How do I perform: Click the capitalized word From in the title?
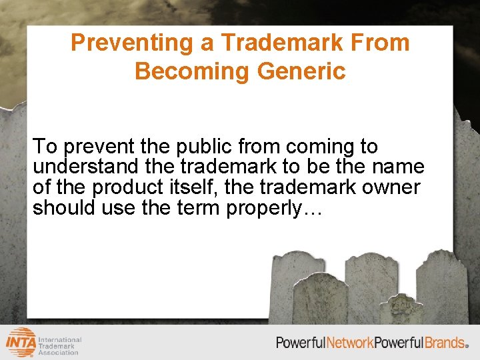(x=384, y=43)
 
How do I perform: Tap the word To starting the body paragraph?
(x=45, y=146)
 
